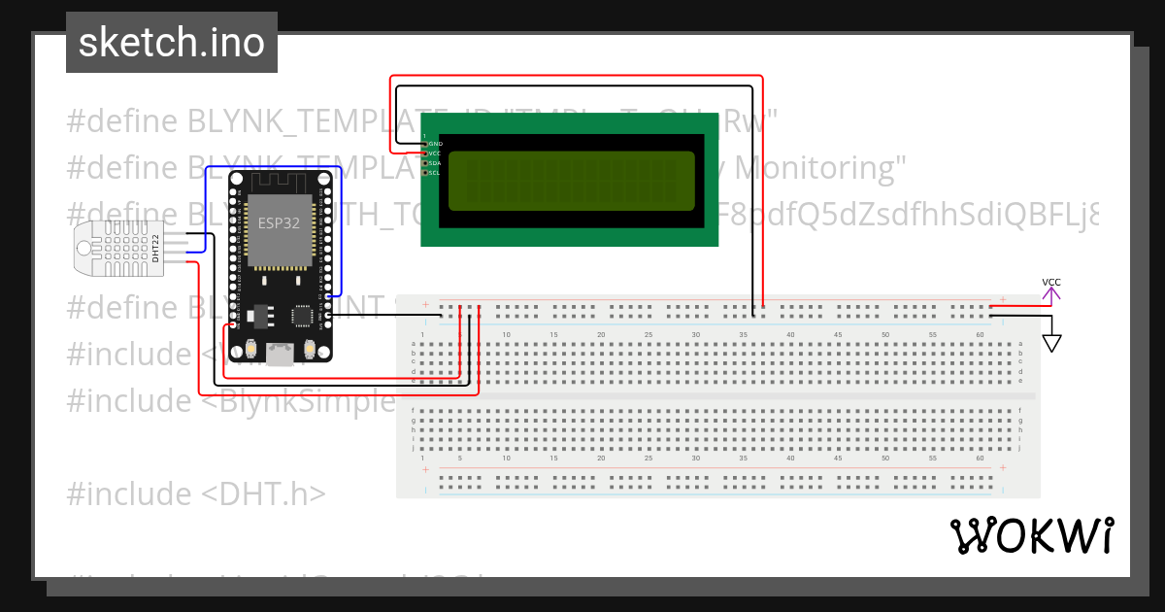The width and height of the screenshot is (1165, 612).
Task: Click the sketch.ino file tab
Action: tap(172, 43)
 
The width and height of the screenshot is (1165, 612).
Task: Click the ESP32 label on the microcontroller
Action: tap(279, 221)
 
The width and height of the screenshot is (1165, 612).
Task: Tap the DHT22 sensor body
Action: tap(124, 248)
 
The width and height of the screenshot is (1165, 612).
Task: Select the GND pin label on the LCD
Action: tap(435, 144)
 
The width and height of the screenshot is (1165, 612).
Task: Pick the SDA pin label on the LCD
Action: tap(435, 163)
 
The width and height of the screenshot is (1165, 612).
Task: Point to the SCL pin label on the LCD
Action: tap(435, 173)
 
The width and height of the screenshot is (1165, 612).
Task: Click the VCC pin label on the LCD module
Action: tap(435, 153)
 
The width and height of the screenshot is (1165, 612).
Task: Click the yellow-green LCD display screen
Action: tap(571, 181)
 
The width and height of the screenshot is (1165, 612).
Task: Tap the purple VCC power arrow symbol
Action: tap(1051, 288)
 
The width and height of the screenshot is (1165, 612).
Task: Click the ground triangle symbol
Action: tap(1051, 343)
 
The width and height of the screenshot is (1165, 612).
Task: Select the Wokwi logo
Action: tap(1032, 535)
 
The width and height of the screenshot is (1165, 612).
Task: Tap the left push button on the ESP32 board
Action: tap(251, 348)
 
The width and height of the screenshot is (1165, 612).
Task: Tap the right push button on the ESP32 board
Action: tap(309, 348)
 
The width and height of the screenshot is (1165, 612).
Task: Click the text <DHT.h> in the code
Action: tap(264, 493)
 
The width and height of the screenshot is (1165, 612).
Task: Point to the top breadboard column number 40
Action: tap(790, 335)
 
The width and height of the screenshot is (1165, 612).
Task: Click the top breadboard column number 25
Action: tap(648, 335)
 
